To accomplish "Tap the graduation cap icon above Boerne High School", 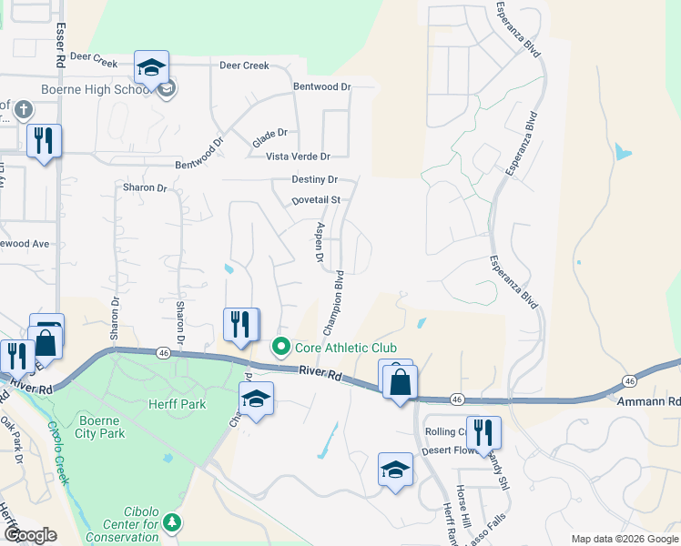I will [151, 67].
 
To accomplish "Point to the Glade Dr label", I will [269, 133].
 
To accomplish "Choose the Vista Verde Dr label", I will [297, 157].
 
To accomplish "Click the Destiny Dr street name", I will [314, 180].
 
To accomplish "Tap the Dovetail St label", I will [315, 199].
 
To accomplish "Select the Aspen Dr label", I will [320, 244].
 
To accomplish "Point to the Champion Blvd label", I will [333, 300].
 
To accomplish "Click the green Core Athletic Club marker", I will [281, 347].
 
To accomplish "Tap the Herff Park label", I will [179, 404].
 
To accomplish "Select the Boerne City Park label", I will [114, 427].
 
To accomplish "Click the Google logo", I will [30, 535].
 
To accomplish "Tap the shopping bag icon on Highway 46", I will [399, 382].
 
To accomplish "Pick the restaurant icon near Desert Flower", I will [483, 433].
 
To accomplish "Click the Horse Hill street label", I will [464, 521].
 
